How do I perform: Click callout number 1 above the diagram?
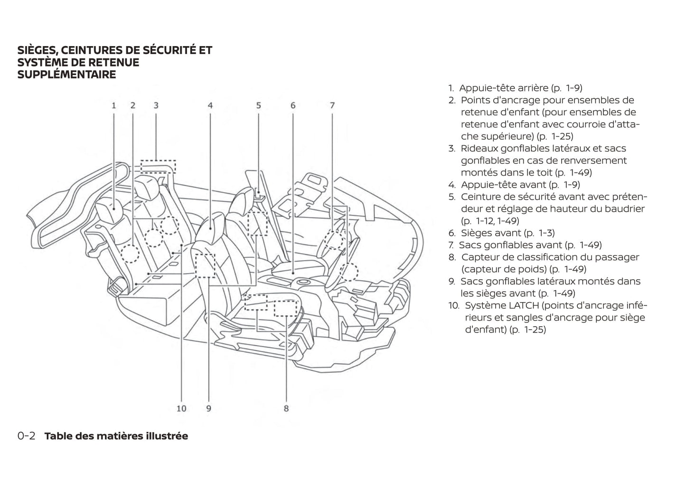(x=114, y=105)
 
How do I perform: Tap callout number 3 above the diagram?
(x=156, y=105)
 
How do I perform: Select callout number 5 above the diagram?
(x=259, y=105)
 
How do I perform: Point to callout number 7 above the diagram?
(x=332, y=105)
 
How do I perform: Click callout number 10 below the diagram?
(x=181, y=408)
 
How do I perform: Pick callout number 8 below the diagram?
(x=286, y=408)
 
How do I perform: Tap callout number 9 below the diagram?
(x=209, y=408)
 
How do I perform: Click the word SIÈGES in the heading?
(x=36, y=50)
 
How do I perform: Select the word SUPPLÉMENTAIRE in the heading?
(x=66, y=75)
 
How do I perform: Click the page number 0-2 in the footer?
(x=27, y=436)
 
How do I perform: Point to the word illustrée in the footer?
(x=167, y=436)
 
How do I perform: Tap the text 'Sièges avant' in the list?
(x=491, y=233)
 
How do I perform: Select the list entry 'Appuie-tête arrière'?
(x=504, y=88)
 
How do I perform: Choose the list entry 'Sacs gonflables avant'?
(x=511, y=245)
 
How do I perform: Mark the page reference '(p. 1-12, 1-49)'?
(x=490, y=221)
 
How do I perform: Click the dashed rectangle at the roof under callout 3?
(x=158, y=166)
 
